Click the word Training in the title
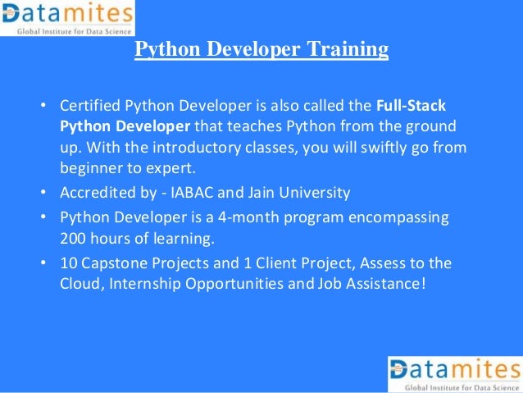(x=348, y=50)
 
